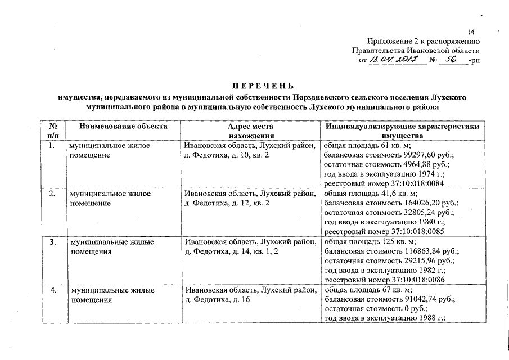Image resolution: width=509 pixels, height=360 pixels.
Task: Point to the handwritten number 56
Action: tap(449, 59)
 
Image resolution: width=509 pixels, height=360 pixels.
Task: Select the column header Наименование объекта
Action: tap(123, 127)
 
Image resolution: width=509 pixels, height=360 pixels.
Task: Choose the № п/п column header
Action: tap(53, 131)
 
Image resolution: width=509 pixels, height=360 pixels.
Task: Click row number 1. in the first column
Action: tap(52, 145)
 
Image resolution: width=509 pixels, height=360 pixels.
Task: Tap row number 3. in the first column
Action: tap(52, 242)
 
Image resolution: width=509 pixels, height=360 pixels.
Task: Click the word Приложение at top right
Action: tap(388, 41)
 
